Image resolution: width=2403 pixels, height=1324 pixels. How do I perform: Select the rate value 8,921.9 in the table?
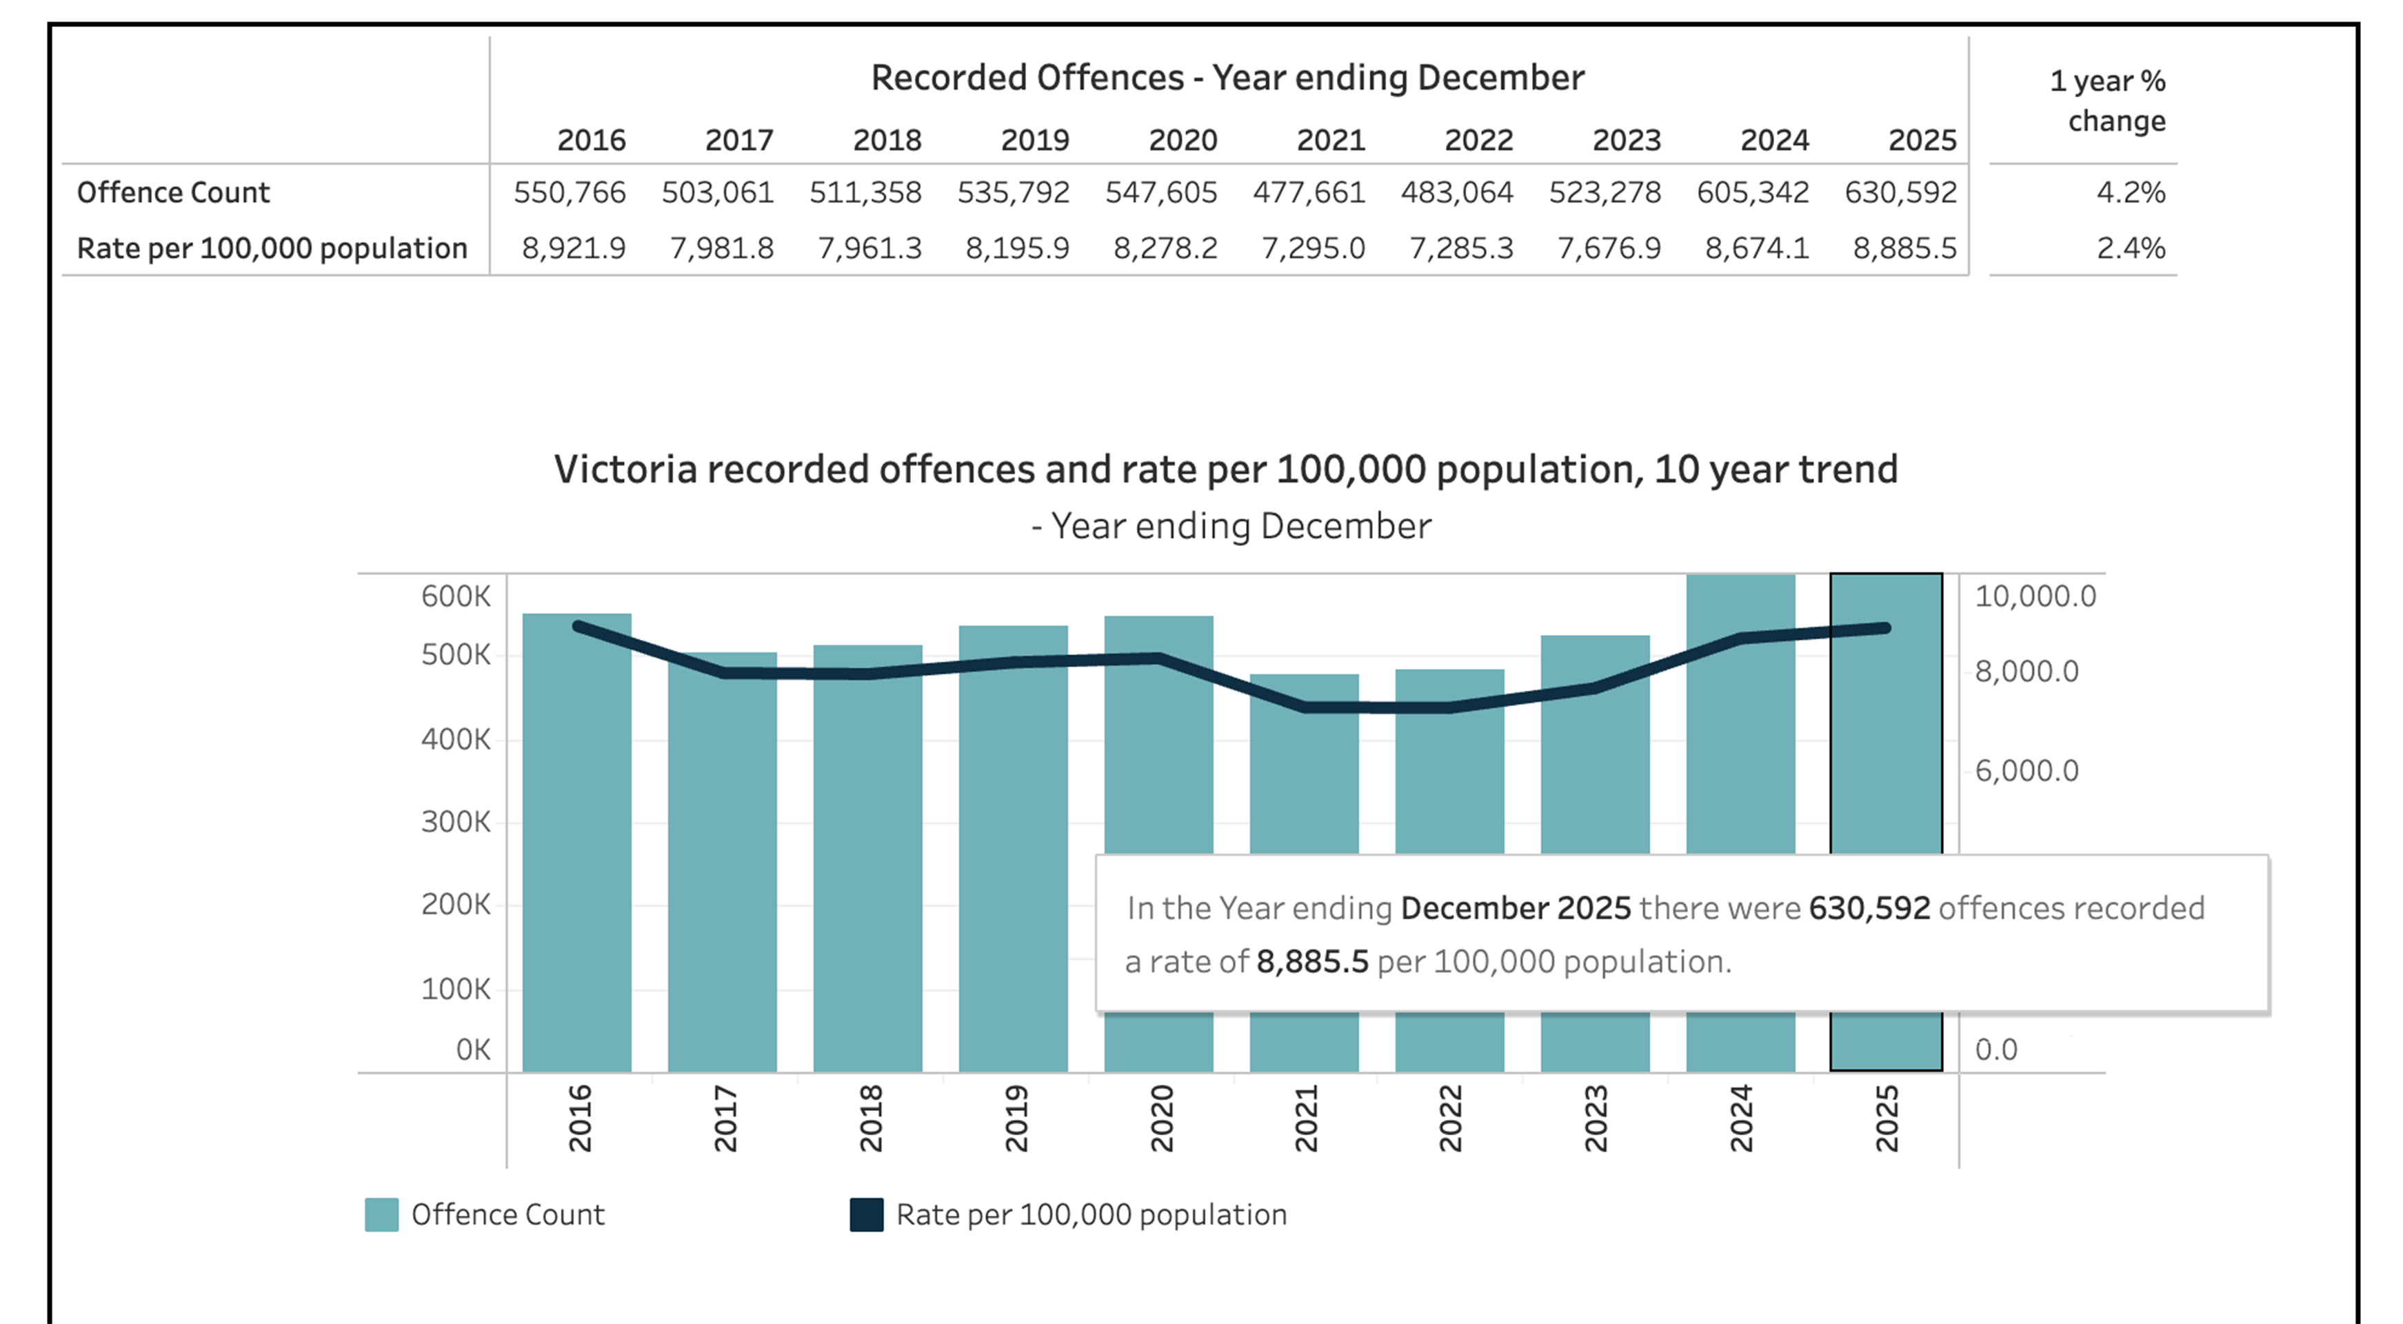point(573,248)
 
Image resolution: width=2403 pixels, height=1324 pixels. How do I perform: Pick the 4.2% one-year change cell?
point(2130,192)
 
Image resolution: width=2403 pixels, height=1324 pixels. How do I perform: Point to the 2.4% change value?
point(2130,248)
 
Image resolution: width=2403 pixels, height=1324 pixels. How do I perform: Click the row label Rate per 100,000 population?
point(272,248)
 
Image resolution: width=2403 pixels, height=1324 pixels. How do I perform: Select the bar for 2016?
point(576,840)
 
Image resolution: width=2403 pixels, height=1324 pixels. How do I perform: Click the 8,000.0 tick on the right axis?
point(2026,671)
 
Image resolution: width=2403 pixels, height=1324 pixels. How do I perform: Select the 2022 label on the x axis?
point(1449,1118)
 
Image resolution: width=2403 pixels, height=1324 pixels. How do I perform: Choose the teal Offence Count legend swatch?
point(381,1215)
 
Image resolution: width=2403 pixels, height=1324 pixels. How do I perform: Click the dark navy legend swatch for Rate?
point(867,1215)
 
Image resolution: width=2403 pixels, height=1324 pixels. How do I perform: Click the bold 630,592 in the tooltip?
point(1869,908)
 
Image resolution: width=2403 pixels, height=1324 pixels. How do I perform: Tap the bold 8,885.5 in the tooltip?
point(1311,961)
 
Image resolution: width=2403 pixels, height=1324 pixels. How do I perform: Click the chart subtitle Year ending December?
point(1231,526)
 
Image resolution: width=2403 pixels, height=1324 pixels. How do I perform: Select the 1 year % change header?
point(2107,101)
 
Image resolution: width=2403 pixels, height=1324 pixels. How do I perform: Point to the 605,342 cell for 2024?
point(1752,192)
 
